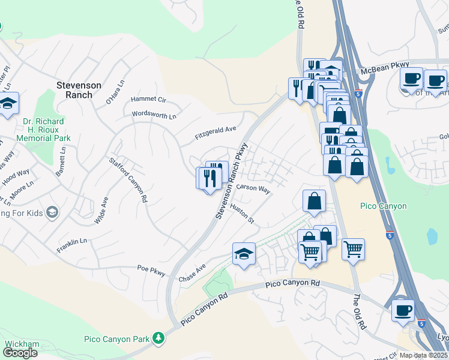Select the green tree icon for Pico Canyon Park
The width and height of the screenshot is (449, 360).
(158, 339)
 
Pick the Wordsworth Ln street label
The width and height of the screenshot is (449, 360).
(154, 113)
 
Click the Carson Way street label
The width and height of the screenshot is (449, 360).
(253, 188)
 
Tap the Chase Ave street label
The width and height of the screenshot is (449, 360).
(192, 273)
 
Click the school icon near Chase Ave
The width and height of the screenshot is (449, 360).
(244, 254)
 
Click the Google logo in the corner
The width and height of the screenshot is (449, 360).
(20, 353)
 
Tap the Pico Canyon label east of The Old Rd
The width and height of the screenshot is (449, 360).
(384, 206)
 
